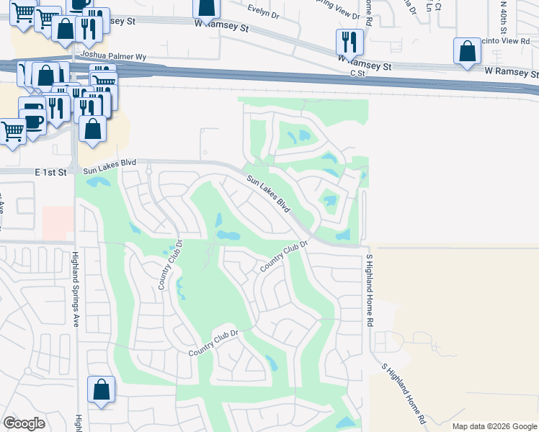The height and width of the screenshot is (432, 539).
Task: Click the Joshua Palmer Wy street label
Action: coord(115,54)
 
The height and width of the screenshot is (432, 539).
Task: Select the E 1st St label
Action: coord(52,172)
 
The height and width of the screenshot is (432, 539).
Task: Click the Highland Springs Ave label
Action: coord(75,289)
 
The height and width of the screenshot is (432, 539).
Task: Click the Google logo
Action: coord(24,423)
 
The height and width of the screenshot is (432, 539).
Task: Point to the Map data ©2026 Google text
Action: coord(494,426)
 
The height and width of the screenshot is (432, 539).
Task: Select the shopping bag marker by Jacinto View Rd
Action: coord(467,51)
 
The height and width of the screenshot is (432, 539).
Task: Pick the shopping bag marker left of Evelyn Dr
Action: coord(207,7)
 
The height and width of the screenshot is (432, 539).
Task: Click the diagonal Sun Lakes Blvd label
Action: coord(267,194)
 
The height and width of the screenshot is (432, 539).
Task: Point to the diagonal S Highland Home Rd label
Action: coord(404,393)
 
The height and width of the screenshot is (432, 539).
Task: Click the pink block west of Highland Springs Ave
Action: coord(58,223)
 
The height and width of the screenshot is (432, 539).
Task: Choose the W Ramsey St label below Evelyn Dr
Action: coord(221,25)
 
